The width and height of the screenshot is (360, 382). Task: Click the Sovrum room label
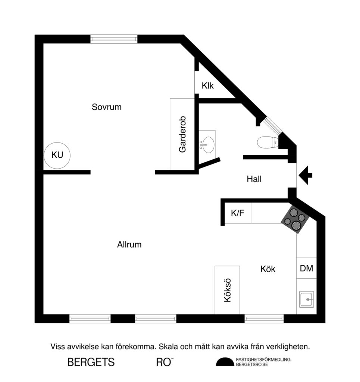[x=107, y=107]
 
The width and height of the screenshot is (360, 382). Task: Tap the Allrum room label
[x=129, y=245]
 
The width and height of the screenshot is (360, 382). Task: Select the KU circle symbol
[x=57, y=155]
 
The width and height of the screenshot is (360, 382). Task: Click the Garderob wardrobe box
[x=182, y=134]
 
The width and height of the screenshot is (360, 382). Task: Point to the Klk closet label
[x=208, y=86]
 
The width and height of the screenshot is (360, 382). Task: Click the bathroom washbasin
[x=207, y=144]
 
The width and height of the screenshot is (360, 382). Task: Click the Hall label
[x=254, y=179]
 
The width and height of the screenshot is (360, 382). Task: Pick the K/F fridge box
[x=238, y=213]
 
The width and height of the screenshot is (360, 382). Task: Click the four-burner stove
[x=295, y=219]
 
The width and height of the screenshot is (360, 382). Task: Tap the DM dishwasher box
[x=306, y=268]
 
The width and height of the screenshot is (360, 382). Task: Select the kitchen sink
[x=306, y=299]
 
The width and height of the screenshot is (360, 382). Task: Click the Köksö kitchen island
[x=227, y=290]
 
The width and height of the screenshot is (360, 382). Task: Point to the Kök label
[x=268, y=269]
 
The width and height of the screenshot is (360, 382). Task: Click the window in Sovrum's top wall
[x=114, y=39]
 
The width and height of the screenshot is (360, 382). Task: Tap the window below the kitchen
[x=264, y=319]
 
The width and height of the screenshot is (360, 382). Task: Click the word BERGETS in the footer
[x=91, y=362]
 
